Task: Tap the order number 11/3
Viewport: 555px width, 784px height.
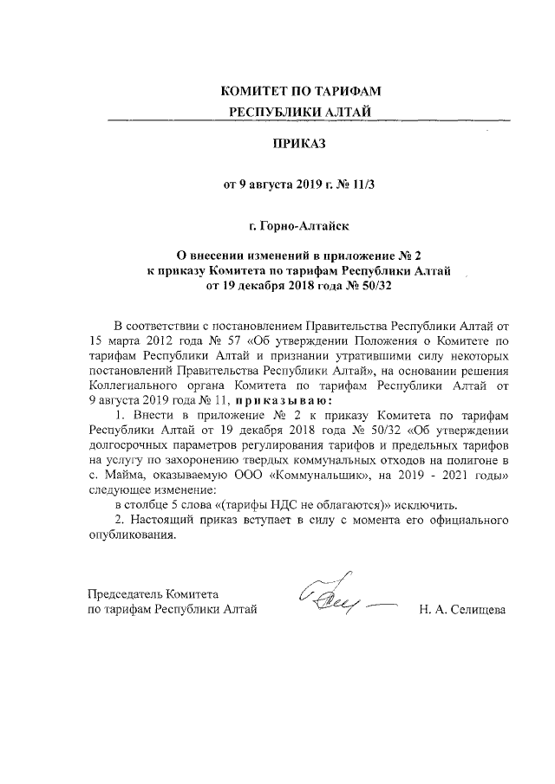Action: pos(355,184)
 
